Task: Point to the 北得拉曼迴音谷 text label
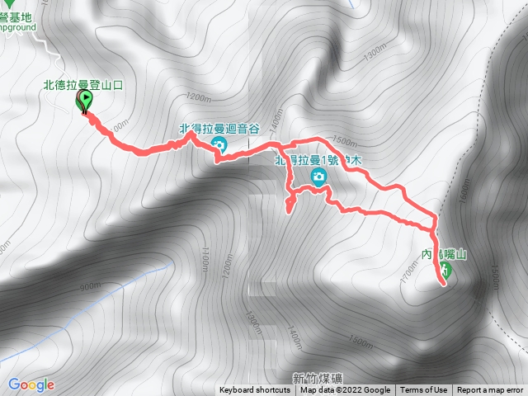(219, 129)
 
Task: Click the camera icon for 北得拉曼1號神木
(318, 177)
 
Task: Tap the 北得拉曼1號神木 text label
(318, 160)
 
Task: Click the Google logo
(31, 384)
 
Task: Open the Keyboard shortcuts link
(255, 390)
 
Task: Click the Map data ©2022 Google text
(346, 390)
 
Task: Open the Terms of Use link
(424, 390)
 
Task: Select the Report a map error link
(490, 390)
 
